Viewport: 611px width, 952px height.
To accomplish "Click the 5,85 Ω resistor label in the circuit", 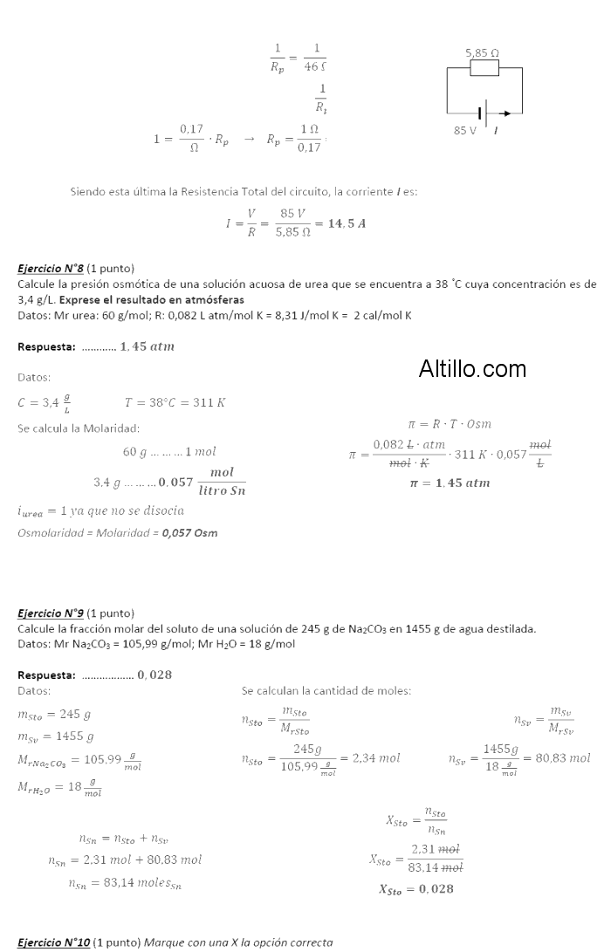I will tap(483, 53).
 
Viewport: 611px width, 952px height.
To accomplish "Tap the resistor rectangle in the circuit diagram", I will tap(484, 68).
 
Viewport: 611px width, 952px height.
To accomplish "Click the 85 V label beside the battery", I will tap(465, 130).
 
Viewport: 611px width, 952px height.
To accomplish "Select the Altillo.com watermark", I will tap(472, 368).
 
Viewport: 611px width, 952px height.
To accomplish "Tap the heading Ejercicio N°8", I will tap(51, 268).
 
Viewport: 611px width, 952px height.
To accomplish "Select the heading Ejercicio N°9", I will tap(51, 613).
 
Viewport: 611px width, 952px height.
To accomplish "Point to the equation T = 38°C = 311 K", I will tap(175, 402).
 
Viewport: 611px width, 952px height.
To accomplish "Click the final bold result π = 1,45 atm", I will tap(450, 483).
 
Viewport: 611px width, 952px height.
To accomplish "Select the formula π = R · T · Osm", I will tap(450, 424).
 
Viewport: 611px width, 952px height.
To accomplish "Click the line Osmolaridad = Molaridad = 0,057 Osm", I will tap(118, 532).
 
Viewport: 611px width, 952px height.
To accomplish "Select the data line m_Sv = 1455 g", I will tap(56, 736).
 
